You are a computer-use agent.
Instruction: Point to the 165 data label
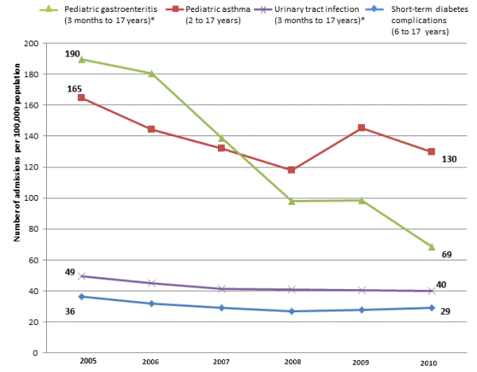73,89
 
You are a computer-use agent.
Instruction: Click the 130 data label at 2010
448,159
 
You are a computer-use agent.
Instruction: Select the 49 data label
70,271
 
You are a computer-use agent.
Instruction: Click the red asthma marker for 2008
292,170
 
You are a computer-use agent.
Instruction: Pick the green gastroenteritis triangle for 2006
151,73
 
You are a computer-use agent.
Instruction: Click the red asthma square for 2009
362,127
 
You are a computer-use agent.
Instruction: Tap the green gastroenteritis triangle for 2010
432,247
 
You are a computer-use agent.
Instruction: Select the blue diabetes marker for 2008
292,311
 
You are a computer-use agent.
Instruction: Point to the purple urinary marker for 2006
151,283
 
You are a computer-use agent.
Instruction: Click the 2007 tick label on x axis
221,362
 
